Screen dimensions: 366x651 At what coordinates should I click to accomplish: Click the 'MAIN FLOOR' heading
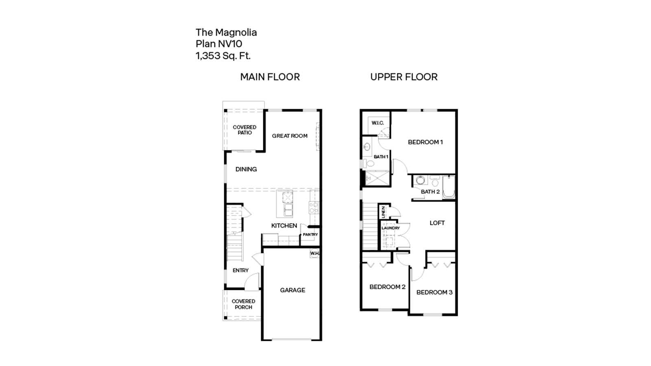pyautogui.click(x=270, y=77)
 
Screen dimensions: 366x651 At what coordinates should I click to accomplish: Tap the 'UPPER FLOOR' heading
pyautogui.click(x=404, y=77)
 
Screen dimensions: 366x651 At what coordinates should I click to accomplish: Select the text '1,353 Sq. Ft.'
pyautogui.click(x=223, y=56)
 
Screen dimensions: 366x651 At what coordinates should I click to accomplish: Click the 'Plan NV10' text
pyautogui.click(x=219, y=44)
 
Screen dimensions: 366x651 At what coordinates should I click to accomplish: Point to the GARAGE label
pyautogui.click(x=292, y=290)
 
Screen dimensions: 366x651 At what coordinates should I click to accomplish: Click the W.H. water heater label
pyautogui.click(x=315, y=253)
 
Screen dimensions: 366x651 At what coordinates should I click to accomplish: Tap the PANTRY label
pyautogui.click(x=310, y=235)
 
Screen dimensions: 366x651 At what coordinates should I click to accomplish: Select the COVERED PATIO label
pyautogui.click(x=245, y=130)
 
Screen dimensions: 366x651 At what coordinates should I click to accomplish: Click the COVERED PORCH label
pyautogui.click(x=243, y=304)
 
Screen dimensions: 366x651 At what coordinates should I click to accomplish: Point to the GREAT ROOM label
pyautogui.click(x=290, y=136)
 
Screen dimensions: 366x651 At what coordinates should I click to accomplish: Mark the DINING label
pyautogui.click(x=246, y=169)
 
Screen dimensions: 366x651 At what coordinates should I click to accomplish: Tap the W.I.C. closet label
pyautogui.click(x=378, y=123)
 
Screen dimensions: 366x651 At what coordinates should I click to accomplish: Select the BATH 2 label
pyautogui.click(x=430, y=192)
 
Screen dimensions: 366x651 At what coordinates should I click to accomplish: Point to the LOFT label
pyautogui.click(x=437, y=223)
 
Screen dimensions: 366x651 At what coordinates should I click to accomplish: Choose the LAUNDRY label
pyautogui.click(x=391, y=228)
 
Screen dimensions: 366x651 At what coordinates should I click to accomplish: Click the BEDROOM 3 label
pyautogui.click(x=434, y=292)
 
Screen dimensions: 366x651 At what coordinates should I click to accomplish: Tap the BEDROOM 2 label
pyautogui.click(x=387, y=287)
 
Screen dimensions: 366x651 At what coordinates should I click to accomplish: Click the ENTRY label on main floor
pyautogui.click(x=240, y=270)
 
